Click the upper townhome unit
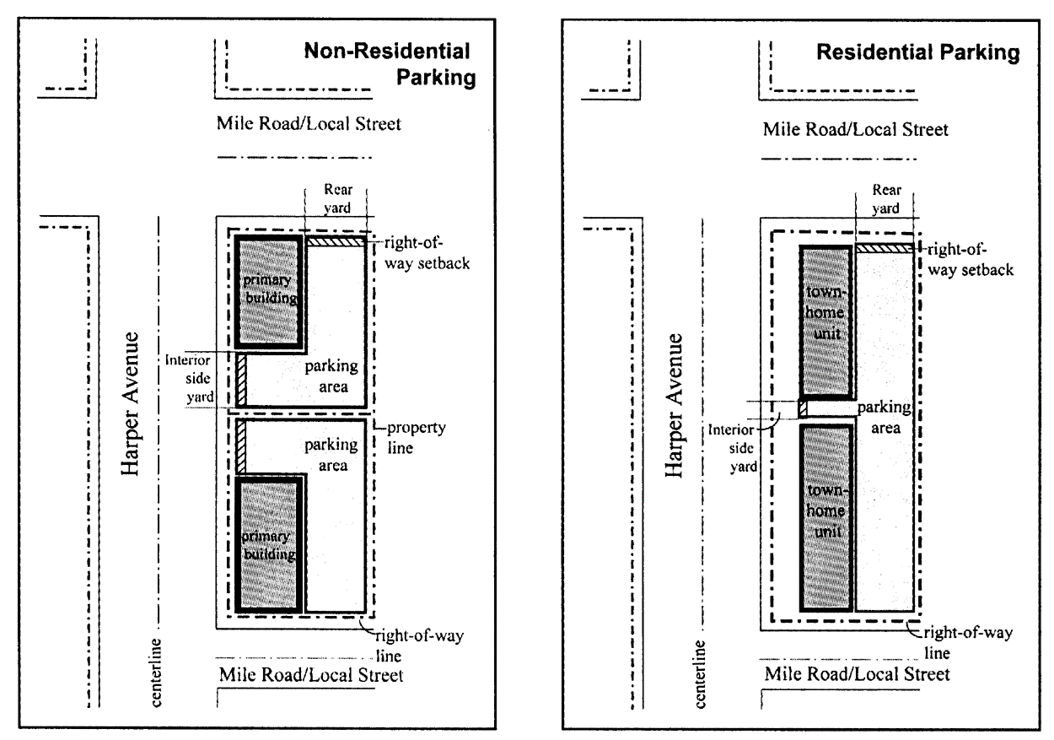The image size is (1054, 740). coord(825,321)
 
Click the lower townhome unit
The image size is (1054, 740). coord(825,516)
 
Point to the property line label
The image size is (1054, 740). coord(412,437)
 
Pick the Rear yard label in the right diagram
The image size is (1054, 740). coord(884,200)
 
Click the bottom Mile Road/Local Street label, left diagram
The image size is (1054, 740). coord(311,675)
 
